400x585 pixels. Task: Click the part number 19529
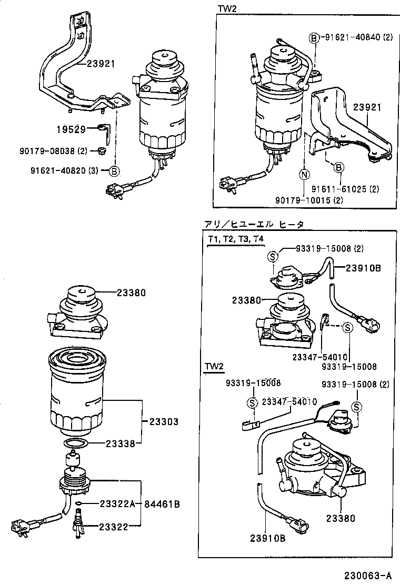(x=71, y=129)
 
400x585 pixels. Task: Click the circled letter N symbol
(x=304, y=174)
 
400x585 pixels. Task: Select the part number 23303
(x=163, y=421)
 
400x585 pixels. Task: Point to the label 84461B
(x=162, y=504)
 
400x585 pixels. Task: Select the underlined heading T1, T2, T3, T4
(x=236, y=239)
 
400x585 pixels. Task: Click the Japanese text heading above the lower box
(x=254, y=224)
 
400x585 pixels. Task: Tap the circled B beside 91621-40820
(x=114, y=170)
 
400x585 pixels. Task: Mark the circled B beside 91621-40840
(x=314, y=37)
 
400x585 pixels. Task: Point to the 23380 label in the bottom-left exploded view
(x=131, y=292)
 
